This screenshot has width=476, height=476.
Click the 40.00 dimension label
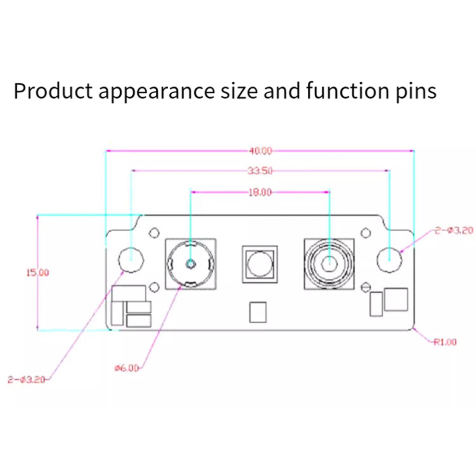[261, 151]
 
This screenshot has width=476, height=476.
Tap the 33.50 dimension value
[260, 171]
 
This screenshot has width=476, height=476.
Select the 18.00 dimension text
[260, 192]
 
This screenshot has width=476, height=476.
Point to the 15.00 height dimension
[38, 273]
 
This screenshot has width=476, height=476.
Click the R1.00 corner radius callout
[445, 342]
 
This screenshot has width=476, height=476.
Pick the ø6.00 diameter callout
[126, 368]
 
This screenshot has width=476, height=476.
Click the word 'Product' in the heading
[53, 90]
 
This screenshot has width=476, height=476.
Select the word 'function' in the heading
[348, 90]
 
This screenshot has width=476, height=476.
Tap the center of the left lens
[190, 264]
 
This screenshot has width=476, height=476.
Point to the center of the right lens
[329, 263]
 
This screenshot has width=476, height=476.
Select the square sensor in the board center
[260, 264]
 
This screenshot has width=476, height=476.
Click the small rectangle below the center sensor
[258, 312]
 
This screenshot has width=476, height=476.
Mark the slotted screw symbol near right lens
[366, 287]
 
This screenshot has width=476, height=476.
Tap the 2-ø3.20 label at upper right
[454, 231]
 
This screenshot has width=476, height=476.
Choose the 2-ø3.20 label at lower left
[27, 380]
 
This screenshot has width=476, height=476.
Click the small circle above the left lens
[154, 233]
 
